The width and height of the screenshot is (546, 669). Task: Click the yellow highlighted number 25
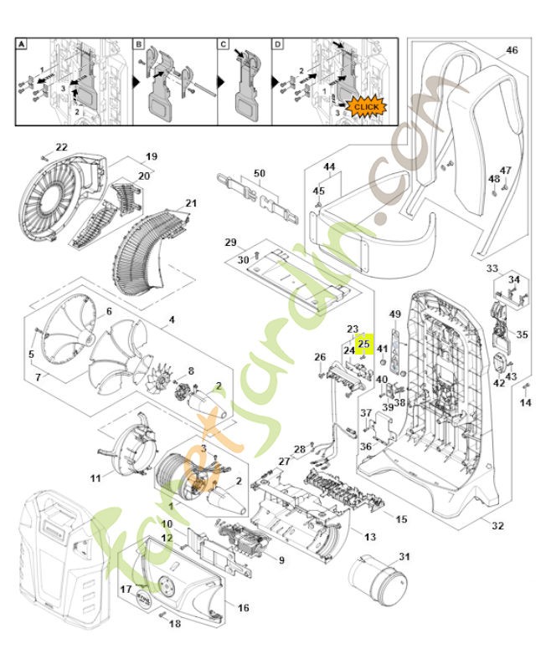pyautogui.click(x=363, y=343)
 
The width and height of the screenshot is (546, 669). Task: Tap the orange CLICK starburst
pyautogui.click(x=366, y=107)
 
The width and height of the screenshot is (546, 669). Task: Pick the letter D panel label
pyautogui.click(x=277, y=43)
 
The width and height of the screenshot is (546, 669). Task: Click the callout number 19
pyautogui.click(x=152, y=156)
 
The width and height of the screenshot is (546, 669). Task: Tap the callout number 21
pyautogui.click(x=191, y=203)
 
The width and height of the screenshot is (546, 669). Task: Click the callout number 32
pyautogui.click(x=499, y=526)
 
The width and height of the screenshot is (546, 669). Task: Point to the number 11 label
pyautogui.click(x=95, y=478)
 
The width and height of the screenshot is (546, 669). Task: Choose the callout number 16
pyautogui.click(x=243, y=608)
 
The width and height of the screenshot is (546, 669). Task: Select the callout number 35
pyautogui.click(x=522, y=334)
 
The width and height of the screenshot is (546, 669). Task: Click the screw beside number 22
pyautogui.click(x=44, y=157)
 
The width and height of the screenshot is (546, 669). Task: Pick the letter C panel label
pyautogui.click(x=224, y=43)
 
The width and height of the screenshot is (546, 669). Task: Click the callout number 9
pyautogui.click(x=282, y=560)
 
